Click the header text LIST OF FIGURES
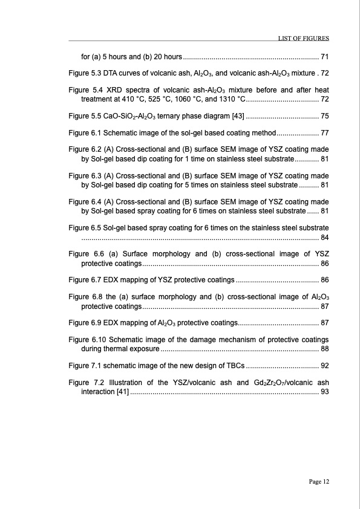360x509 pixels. [x=303, y=38]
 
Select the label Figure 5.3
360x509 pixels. [x=85, y=73]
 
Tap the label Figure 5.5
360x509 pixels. [x=85, y=116]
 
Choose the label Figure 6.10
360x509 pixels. [x=87, y=339]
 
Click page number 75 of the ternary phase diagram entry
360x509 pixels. [x=324, y=116]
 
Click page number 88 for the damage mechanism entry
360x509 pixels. [x=324, y=349]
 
